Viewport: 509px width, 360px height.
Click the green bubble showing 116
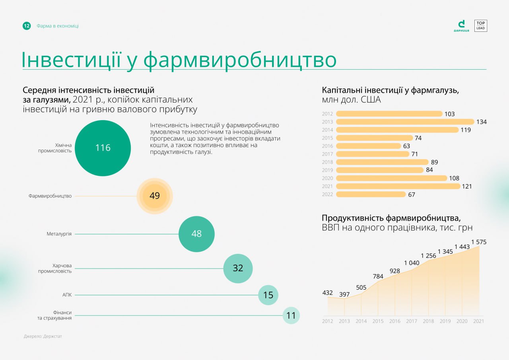pyautogui.click(x=103, y=148)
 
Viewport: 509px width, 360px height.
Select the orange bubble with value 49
pyautogui.click(x=155, y=196)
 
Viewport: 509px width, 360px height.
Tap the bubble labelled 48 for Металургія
pyautogui.click(x=196, y=234)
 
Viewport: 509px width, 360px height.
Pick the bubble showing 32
pyautogui.click(x=238, y=269)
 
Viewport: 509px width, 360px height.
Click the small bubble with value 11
pyautogui.click(x=291, y=316)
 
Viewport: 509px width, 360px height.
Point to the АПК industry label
pyautogui.click(x=67, y=295)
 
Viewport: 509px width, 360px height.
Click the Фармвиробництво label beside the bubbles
pyautogui.click(x=50, y=196)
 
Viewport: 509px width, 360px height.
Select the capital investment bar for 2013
pyautogui.click(x=405, y=122)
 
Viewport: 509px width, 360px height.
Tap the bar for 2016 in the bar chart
pyautogui.click(x=368, y=146)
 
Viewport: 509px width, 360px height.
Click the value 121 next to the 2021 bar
pyautogui.click(x=467, y=186)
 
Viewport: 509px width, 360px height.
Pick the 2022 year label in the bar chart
pyautogui.click(x=327, y=195)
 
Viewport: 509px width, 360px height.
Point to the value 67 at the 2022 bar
pyautogui.click(x=412, y=195)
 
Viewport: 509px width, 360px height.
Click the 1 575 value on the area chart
pyautogui.click(x=479, y=242)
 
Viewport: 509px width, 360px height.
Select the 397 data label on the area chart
pyautogui.click(x=344, y=294)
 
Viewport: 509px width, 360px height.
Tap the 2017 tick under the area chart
pyautogui.click(x=412, y=321)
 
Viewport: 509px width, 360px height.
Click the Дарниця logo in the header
pyautogui.click(x=461, y=26)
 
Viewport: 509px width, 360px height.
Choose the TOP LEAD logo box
pyautogui.click(x=481, y=26)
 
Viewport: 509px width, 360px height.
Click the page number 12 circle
pyautogui.click(x=27, y=26)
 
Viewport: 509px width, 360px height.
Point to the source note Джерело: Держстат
pyautogui.click(x=43, y=336)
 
